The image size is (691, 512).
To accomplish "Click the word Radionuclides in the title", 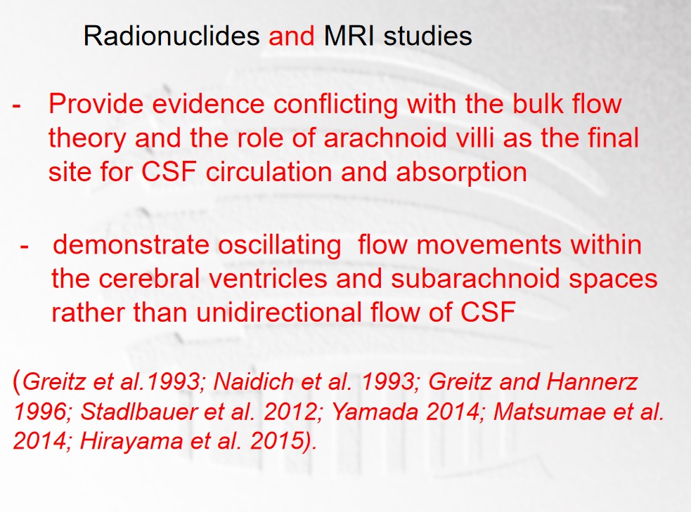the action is [x=172, y=36].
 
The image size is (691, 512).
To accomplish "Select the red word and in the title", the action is [x=292, y=36].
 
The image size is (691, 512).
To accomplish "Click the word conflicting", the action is [x=335, y=105].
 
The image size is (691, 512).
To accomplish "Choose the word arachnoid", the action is [x=385, y=138].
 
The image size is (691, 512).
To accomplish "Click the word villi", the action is [x=474, y=138].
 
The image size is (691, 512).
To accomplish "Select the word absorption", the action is [x=461, y=172].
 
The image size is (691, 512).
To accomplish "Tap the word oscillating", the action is [x=279, y=245].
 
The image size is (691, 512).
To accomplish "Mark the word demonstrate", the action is [x=131, y=245].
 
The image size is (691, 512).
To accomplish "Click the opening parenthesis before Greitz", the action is [x=17, y=381].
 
